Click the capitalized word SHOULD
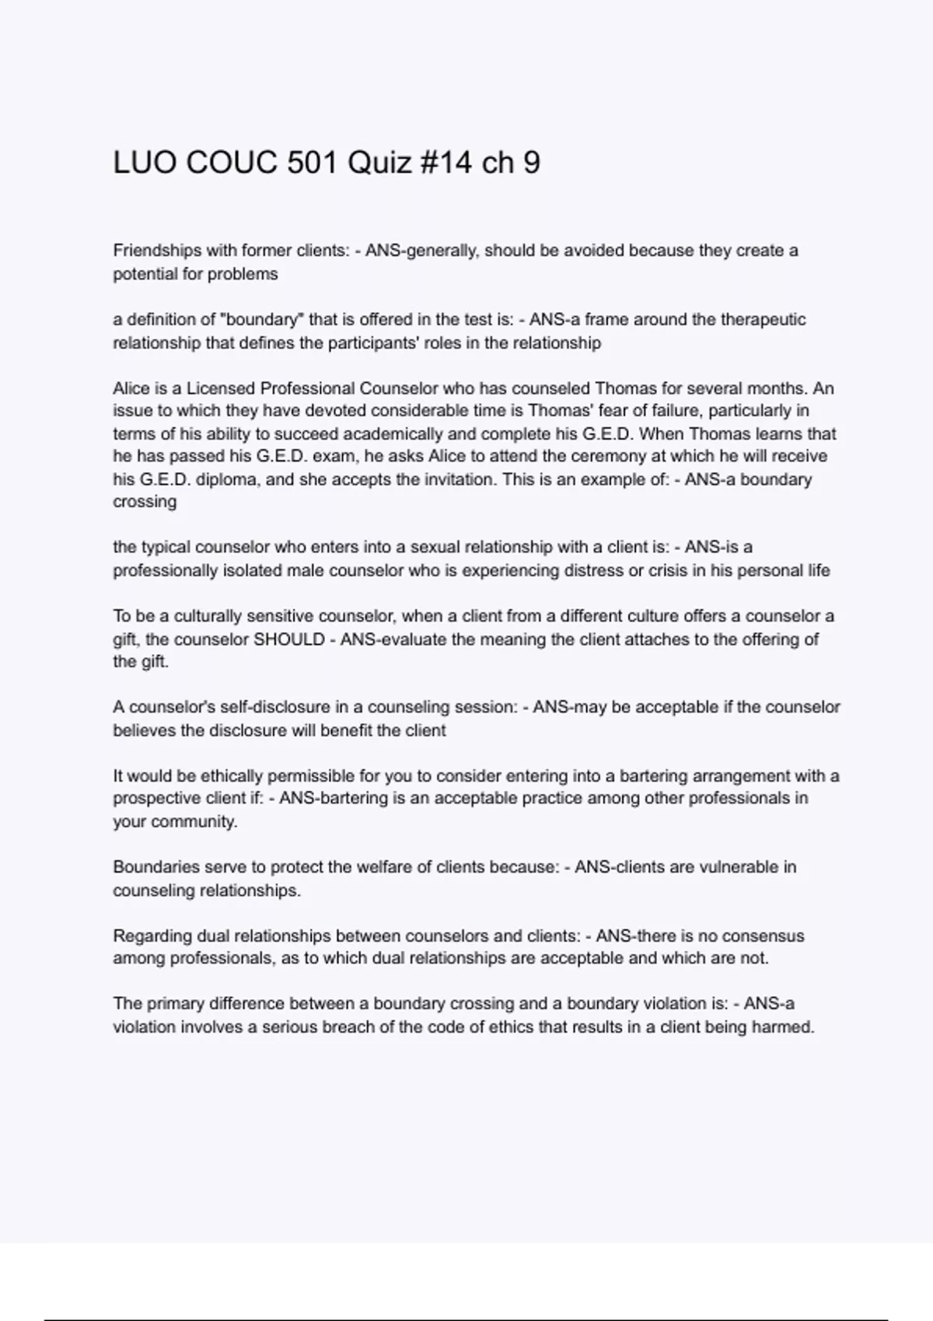click(x=290, y=640)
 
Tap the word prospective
click(x=151, y=798)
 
